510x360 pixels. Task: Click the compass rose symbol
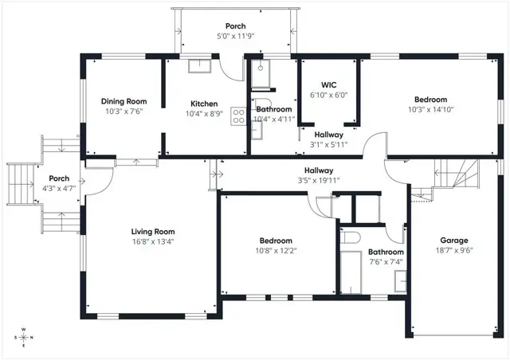click(24, 337)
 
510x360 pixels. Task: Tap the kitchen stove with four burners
click(237, 117)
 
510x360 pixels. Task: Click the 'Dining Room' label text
click(124, 101)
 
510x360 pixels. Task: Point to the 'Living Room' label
click(153, 232)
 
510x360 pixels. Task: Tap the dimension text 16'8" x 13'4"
click(153, 242)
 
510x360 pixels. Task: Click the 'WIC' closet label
click(329, 84)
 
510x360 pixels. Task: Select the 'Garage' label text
click(454, 240)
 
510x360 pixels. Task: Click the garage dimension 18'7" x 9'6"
click(454, 250)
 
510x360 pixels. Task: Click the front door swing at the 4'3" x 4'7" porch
click(94, 185)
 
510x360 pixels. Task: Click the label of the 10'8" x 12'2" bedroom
click(276, 241)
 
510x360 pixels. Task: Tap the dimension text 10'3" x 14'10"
click(430, 109)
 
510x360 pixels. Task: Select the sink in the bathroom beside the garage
click(400, 280)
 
